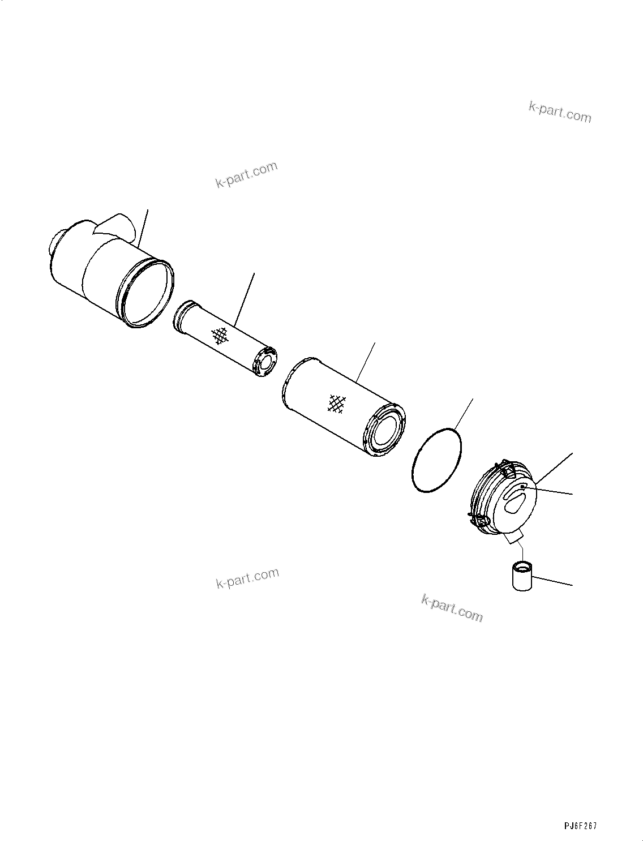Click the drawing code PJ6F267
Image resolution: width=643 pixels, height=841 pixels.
(580, 826)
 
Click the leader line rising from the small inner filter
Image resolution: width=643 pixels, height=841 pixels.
(245, 300)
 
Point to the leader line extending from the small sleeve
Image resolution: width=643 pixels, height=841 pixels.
(552, 581)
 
